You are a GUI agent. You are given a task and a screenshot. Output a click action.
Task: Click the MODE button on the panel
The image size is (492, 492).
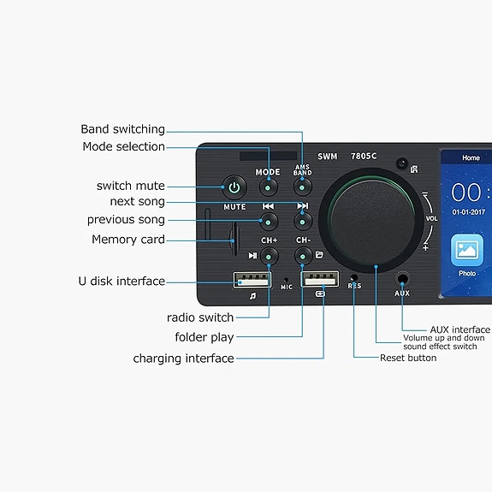coord(268,186)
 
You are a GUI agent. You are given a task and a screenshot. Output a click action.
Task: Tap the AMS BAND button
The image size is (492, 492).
coord(303,186)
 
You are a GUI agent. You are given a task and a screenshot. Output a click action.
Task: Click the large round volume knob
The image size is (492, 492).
coord(375,217)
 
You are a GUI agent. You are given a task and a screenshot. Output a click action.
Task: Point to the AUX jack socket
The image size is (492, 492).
coord(402,279)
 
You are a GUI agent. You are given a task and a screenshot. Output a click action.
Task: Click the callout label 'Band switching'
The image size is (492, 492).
coord(122,129)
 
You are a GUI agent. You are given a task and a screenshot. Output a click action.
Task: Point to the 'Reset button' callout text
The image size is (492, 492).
coord(408,358)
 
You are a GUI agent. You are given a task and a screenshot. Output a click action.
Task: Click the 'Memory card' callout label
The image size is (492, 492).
coord(128,240)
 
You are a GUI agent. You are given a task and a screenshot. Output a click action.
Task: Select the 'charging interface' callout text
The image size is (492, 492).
coord(183,359)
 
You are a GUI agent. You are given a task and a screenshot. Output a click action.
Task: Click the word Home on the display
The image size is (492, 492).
coord(471,158)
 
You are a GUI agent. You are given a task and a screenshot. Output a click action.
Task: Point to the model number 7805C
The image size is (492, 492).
coord(365,157)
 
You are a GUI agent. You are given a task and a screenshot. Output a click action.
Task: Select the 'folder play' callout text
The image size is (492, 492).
coord(205,337)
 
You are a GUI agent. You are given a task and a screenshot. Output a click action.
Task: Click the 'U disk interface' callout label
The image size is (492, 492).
coord(122,281)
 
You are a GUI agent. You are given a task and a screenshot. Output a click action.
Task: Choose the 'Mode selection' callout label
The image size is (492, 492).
coord(123,146)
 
